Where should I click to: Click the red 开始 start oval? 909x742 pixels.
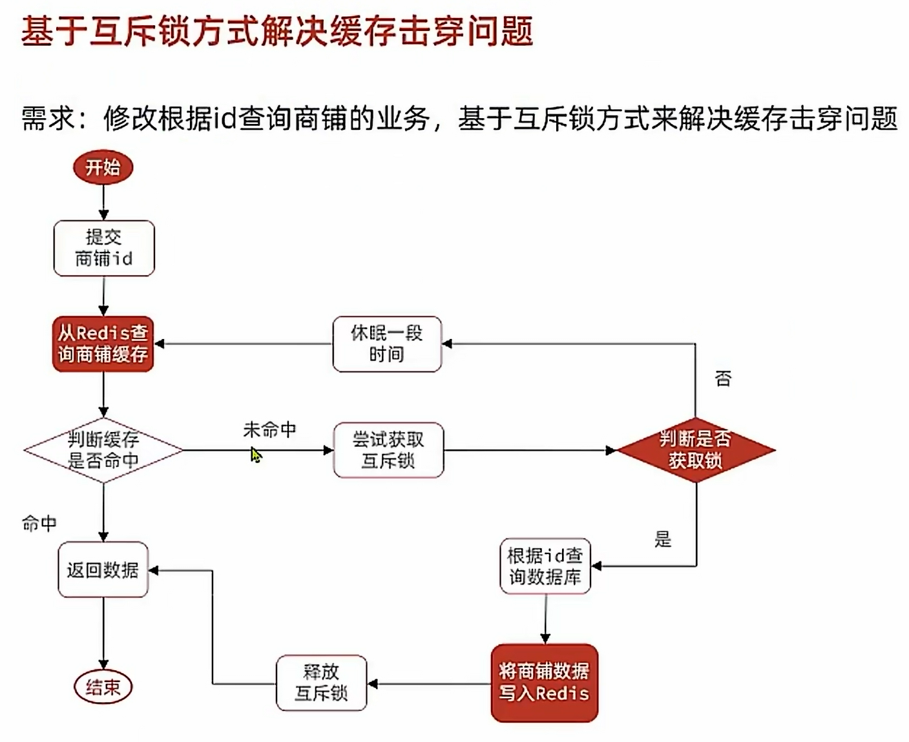[x=103, y=167]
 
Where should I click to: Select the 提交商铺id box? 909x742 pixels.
[x=104, y=249]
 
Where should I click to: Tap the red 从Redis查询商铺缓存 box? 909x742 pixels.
[x=103, y=344]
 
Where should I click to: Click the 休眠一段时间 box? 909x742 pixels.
[x=387, y=344]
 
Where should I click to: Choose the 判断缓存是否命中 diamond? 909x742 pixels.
[x=103, y=450]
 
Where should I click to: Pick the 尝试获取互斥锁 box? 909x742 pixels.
[x=388, y=450]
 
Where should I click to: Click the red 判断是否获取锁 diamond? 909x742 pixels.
[x=696, y=450]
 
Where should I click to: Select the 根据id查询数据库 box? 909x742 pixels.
[x=545, y=566]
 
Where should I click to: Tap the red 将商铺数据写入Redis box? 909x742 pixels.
[x=544, y=683]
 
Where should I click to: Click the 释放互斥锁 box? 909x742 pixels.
[x=321, y=683]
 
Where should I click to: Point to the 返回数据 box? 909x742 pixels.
[x=103, y=570]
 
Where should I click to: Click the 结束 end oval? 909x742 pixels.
[x=103, y=686]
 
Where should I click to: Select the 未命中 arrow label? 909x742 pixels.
[x=269, y=429]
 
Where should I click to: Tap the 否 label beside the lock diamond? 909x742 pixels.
[x=723, y=378]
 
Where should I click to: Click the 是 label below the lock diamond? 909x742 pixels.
[x=663, y=539]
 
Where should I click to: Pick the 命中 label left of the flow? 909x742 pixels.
[x=39, y=523]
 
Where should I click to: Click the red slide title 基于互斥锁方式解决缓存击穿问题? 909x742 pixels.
[x=277, y=31]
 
